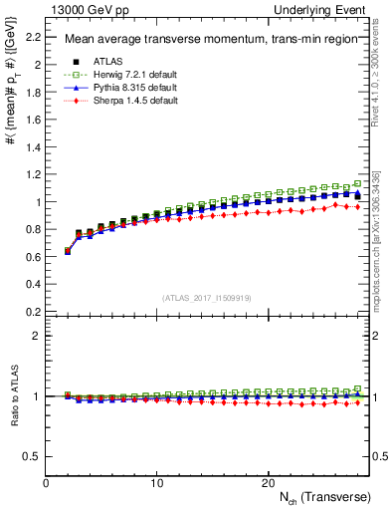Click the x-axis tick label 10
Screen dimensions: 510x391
click(x=156, y=483)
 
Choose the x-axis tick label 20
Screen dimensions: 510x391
click(x=267, y=483)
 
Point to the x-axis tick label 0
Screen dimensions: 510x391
click(x=46, y=483)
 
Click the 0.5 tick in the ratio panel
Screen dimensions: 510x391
click(x=32, y=456)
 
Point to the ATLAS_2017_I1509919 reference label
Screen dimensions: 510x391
click(x=206, y=298)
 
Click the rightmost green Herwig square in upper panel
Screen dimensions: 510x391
click(x=358, y=184)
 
